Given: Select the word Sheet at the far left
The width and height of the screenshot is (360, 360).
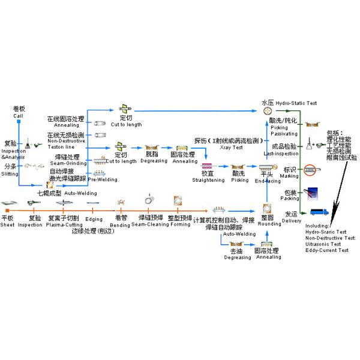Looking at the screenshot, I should pyautogui.click(x=7, y=224).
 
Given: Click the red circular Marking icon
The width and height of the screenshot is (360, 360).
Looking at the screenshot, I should pyautogui.click(x=310, y=170).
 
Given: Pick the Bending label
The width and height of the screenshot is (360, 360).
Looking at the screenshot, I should pyautogui.click(x=120, y=224).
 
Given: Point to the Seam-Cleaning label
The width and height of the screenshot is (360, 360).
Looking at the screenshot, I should pyautogui.click(x=146, y=224).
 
